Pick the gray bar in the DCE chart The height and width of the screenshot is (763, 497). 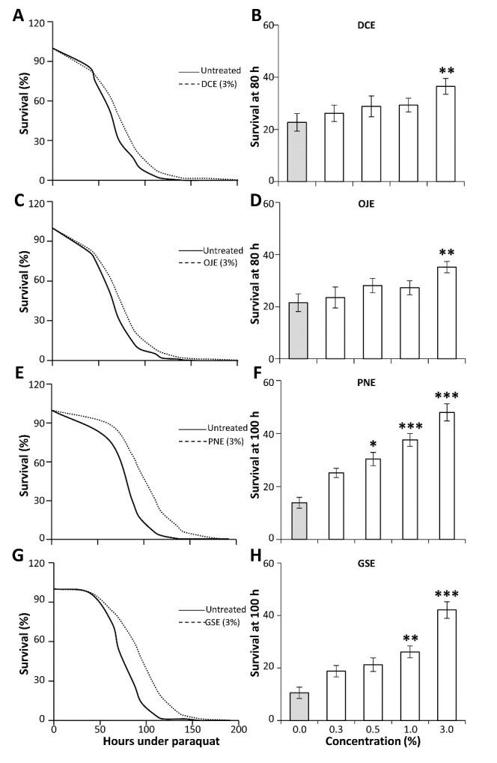pyautogui.click(x=299, y=151)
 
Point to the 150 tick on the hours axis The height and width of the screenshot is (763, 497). pyautogui.click(x=192, y=729)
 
